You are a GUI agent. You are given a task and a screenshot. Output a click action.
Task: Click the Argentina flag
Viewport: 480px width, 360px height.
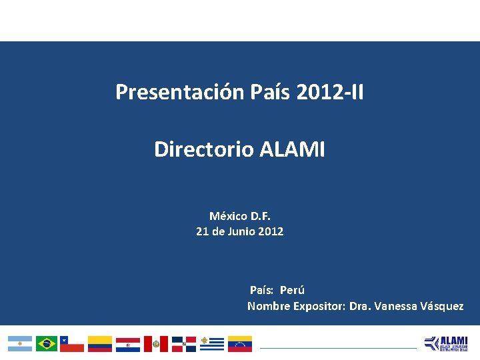click(x=20, y=343)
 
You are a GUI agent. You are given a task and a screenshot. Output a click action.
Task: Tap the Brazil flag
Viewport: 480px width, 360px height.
click(x=47, y=343)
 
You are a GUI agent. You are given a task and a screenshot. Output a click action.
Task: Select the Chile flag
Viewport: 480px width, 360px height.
click(x=72, y=343)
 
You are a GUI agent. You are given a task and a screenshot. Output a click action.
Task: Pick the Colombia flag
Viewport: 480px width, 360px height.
click(x=100, y=343)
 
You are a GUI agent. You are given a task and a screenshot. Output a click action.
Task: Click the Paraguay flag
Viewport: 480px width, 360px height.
click(x=128, y=343)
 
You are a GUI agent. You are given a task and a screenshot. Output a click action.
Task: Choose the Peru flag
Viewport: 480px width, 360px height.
click(x=156, y=343)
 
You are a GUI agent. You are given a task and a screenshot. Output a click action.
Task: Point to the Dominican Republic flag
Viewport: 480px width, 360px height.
click(x=184, y=343)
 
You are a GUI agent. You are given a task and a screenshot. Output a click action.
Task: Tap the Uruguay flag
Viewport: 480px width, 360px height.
click(x=212, y=343)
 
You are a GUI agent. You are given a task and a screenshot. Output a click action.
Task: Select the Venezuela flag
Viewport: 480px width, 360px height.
click(x=240, y=343)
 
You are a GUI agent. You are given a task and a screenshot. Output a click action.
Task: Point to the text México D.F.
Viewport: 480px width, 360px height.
click(x=240, y=216)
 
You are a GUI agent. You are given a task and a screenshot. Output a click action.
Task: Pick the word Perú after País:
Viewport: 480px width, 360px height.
click(x=292, y=290)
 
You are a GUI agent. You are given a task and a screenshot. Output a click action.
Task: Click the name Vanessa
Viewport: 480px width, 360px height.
click(x=397, y=306)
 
